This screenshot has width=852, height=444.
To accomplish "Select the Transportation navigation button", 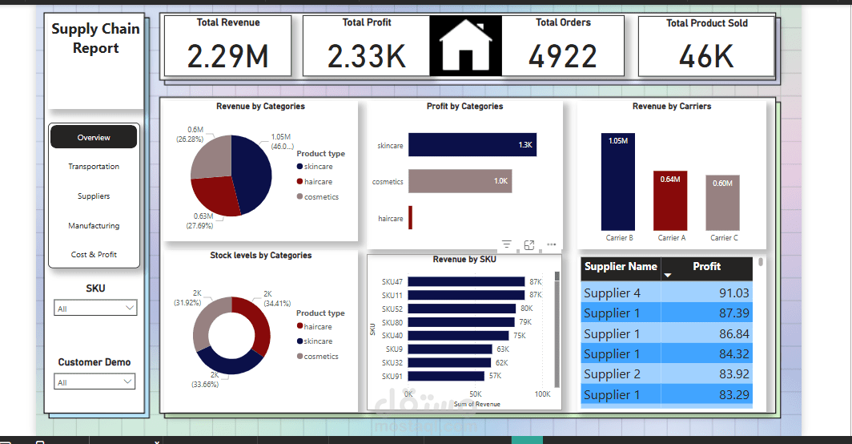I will point(94,167).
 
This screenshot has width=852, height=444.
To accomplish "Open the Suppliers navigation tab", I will point(94,196).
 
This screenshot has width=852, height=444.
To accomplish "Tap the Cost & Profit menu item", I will point(94,255).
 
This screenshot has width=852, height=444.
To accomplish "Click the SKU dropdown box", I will point(95,309).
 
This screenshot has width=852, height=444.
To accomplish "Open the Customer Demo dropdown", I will point(95,382).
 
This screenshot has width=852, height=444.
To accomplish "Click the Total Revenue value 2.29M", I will point(227,56).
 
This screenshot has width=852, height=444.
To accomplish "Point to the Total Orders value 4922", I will point(563,56).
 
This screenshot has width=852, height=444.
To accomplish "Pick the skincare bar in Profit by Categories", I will point(472,145).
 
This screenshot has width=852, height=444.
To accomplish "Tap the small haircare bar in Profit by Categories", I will point(410,218).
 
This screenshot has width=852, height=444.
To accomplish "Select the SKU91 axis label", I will point(392,377).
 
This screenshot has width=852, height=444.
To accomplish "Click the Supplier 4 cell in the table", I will point(613,293).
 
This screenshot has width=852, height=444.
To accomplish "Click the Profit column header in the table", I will point(706,267).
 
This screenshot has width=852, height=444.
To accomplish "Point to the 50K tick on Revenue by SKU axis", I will point(476,395).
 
